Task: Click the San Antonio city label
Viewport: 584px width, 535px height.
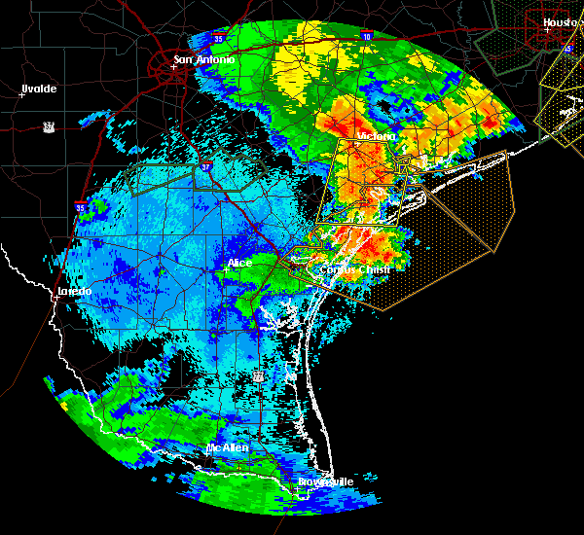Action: (x=204, y=60)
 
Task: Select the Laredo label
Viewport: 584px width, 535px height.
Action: (x=74, y=291)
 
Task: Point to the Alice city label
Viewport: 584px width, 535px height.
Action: (x=239, y=263)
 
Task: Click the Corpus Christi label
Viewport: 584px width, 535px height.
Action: (x=356, y=269)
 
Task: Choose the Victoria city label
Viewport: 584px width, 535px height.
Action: (x=377, y=136)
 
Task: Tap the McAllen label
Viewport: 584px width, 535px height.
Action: (x=228, y=447)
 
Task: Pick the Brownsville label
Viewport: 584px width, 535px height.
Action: (x=326, y=481)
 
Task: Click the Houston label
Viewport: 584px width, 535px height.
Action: (x=561, y=21)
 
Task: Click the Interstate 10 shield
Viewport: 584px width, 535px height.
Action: (x=366, y=36)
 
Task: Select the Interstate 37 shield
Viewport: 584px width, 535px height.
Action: (x=205, y=168)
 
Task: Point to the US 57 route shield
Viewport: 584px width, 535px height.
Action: (x=48, y=126)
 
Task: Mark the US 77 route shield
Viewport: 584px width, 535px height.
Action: (x=258, y=374)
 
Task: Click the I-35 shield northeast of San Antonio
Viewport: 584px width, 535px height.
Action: (x=220, y=39)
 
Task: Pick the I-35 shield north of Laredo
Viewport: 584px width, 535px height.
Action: (x=80, y=206)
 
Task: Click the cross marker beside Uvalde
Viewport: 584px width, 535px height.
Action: (x=20, y=95)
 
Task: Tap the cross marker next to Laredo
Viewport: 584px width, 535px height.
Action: (x=55, y=298)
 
